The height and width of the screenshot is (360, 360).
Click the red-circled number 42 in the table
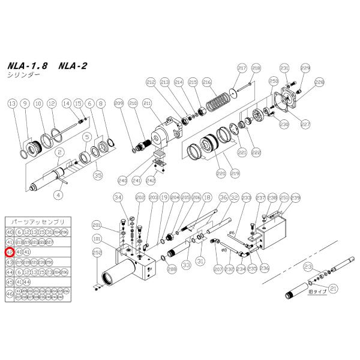point(10,252)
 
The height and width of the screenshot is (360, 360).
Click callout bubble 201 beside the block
point(97,225)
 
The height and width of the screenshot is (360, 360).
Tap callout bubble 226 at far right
point(319,82)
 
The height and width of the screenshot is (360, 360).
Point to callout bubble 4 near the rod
point(58,194)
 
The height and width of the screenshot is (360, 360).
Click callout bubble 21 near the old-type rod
point(334,288)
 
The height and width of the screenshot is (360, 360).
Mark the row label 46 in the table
point(10,294)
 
